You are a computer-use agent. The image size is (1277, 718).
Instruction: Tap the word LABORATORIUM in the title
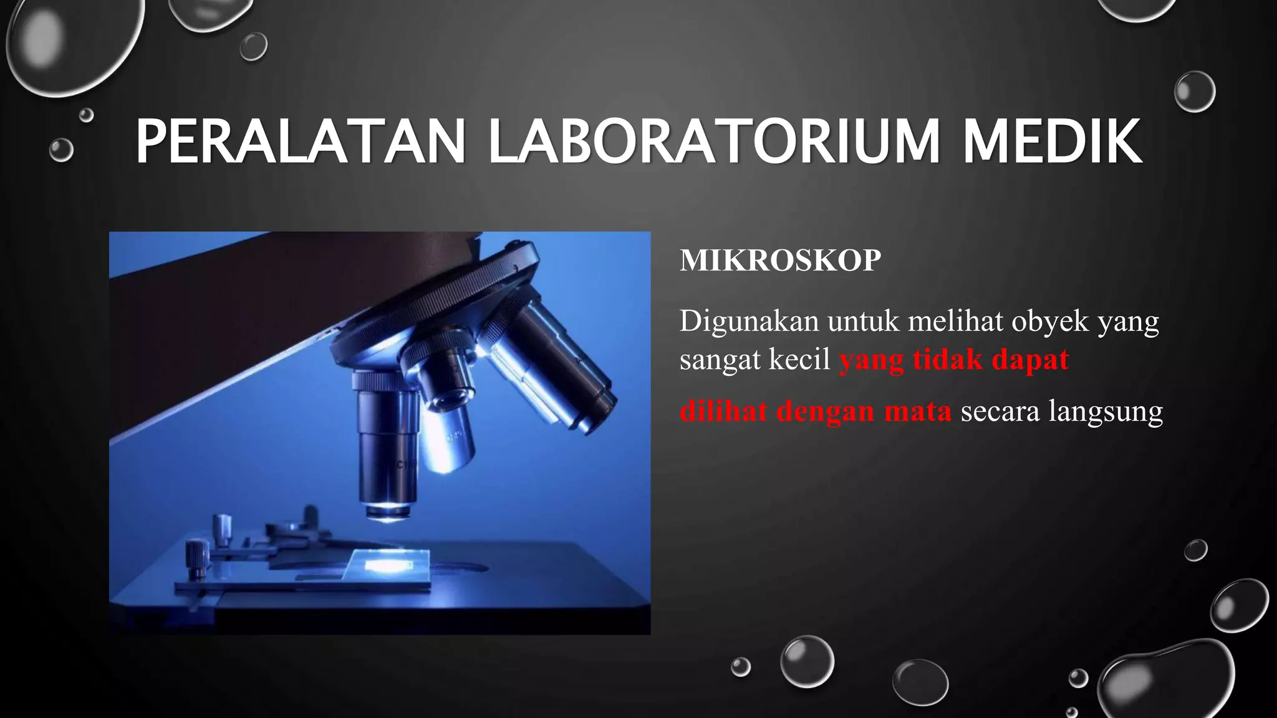point(714,142)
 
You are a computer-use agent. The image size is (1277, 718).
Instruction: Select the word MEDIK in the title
point(1052,142)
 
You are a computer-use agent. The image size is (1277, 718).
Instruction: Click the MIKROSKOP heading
point(780,261)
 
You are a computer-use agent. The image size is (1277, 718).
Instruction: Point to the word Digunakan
point(748,322)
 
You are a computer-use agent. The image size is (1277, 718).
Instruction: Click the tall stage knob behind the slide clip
point(222,530)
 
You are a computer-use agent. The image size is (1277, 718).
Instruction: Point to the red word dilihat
point(723,411)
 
